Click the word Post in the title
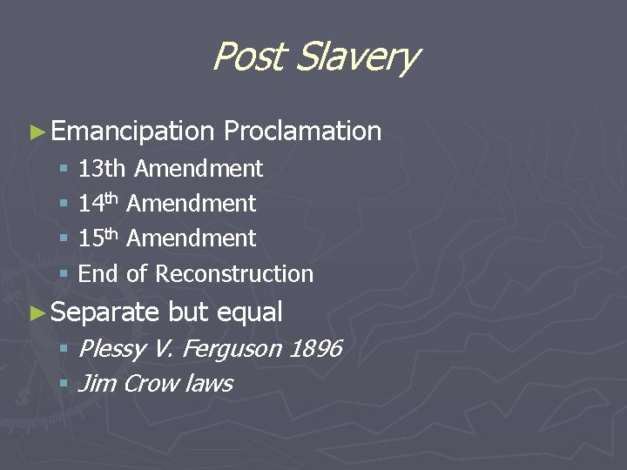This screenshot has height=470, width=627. pos(247,57)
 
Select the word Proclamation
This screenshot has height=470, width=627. pos(303,131)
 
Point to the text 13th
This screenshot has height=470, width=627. pos(102,168)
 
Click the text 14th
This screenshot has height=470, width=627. pos(98,203)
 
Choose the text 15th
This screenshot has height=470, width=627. pos(98,238)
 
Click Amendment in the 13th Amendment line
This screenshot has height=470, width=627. pos(199,168)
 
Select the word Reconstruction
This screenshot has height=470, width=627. pos(234,273)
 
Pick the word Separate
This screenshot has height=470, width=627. pos(105,312)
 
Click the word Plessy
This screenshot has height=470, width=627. pos(111,349)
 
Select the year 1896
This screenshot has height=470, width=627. pos(314,349)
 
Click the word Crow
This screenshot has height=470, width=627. pos(152,384)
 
